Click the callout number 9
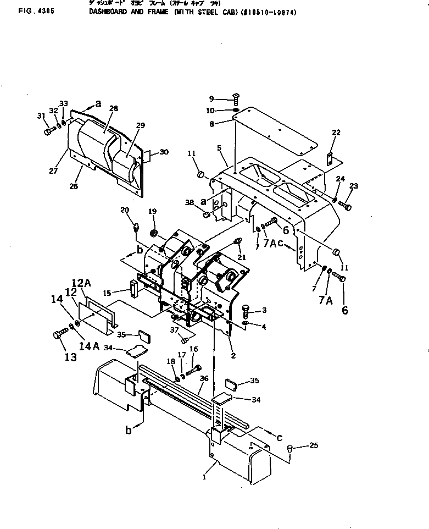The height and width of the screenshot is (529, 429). click(211, 99)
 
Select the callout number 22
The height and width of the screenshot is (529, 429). click(336, 133)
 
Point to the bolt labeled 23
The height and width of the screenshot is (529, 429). click(345, 206)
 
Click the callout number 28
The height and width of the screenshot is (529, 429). click(114, 109)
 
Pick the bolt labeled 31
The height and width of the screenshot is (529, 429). click(49, 131)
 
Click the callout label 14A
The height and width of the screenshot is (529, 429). click(88, 346)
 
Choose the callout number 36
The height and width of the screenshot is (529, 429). click(204, 378)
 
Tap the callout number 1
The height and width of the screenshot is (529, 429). click(204, 477)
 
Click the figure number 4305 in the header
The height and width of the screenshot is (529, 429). click(28, 9)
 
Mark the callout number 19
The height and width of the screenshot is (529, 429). click(153, 211)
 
